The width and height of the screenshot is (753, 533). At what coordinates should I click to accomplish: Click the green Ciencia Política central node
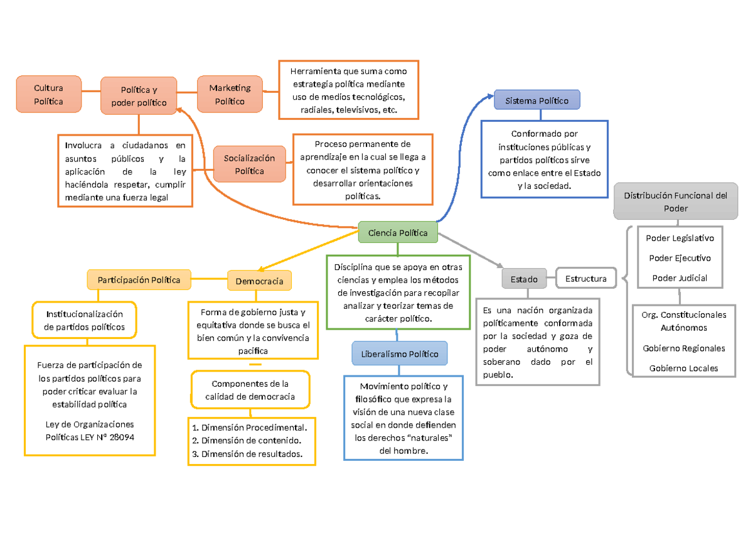click(x=398, y=233)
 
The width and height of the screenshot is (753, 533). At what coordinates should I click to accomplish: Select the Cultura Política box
click(x=48, y=95)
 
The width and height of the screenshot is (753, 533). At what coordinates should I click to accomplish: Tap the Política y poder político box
click(x=139, y=96)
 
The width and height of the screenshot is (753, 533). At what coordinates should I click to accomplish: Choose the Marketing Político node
click(x=230, y=95)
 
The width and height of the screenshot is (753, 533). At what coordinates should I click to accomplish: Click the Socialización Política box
click(x=249, y=164)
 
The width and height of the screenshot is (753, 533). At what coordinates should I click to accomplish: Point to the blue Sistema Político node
click(x=537, y=100)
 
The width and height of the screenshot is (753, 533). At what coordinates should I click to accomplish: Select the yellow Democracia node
click(x=259, y=281)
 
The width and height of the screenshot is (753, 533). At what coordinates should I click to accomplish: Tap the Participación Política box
click(x=139, y=279)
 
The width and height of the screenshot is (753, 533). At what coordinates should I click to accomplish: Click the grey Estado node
click(x=523, y=279)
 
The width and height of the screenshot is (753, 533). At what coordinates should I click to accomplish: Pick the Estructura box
click(x=585, y=279)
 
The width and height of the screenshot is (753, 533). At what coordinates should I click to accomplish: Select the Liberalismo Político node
click(x=399, y=353)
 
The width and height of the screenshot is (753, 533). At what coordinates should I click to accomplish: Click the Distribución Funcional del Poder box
click(x=675, y=202)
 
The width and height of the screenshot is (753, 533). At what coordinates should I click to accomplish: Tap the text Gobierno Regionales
click(x=683, y=348)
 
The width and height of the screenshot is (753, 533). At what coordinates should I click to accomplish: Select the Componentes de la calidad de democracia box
click(x=250, y=390)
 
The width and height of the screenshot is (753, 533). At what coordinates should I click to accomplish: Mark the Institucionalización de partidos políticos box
click(x=84, y=320)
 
